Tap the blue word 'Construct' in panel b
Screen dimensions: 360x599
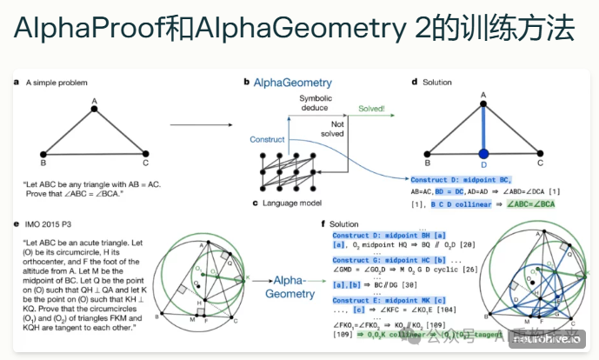267,139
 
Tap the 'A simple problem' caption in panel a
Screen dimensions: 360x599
61,83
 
